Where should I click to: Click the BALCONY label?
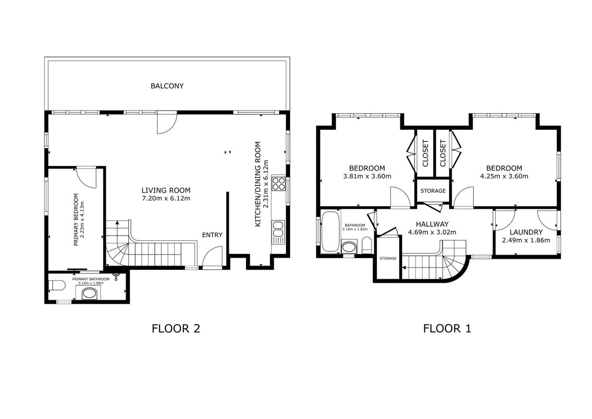click(x=167, y=86)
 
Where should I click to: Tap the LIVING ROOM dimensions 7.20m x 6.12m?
click(x=166, y=199)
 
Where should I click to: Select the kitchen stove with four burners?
click(x=279, y=184)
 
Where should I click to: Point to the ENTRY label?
click(x=212, y=235)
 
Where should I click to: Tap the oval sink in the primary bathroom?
click(x=89, y=293)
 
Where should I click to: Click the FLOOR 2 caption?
click(x=175, y=328)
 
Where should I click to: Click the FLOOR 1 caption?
click(x=447, y=328)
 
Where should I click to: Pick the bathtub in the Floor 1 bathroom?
click(x=330, y=231)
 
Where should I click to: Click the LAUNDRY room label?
click(x=526, y=233)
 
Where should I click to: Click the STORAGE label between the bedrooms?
click(x=433, y=191)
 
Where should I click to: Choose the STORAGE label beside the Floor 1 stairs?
click(x=388, y=258)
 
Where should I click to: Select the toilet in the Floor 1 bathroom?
click(x=366, y=246)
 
